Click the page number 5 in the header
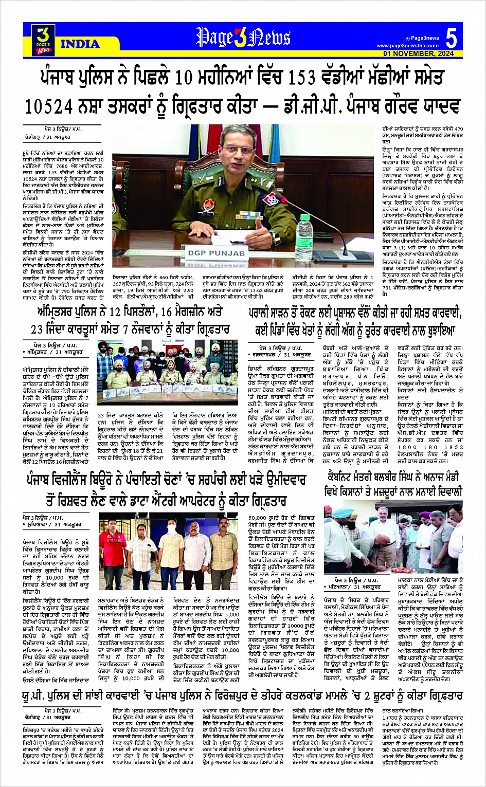(451, 38)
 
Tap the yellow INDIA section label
(80, 44)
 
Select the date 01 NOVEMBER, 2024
(418, 53)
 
